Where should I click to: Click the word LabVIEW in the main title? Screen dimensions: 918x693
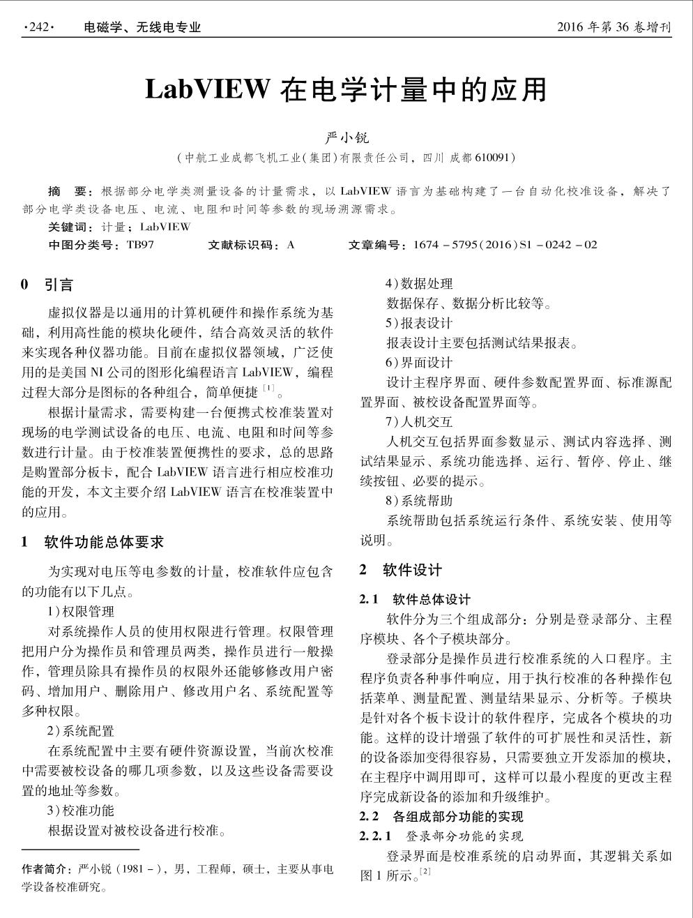pos(207,89)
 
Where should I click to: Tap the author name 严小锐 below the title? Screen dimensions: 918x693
pos(347,137)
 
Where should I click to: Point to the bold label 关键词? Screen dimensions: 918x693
pos(70,227)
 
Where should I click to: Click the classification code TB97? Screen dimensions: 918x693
pos(142,245)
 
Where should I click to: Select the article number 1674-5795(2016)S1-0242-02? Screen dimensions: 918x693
pos(505,245)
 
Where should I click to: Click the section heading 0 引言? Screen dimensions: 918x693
pos(47,285)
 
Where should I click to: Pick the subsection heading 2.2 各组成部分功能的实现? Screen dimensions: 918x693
pos(441,816)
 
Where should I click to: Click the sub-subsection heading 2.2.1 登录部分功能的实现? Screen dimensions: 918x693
pos(441,836)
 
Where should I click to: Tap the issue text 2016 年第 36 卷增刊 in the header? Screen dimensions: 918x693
pos(614,27)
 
